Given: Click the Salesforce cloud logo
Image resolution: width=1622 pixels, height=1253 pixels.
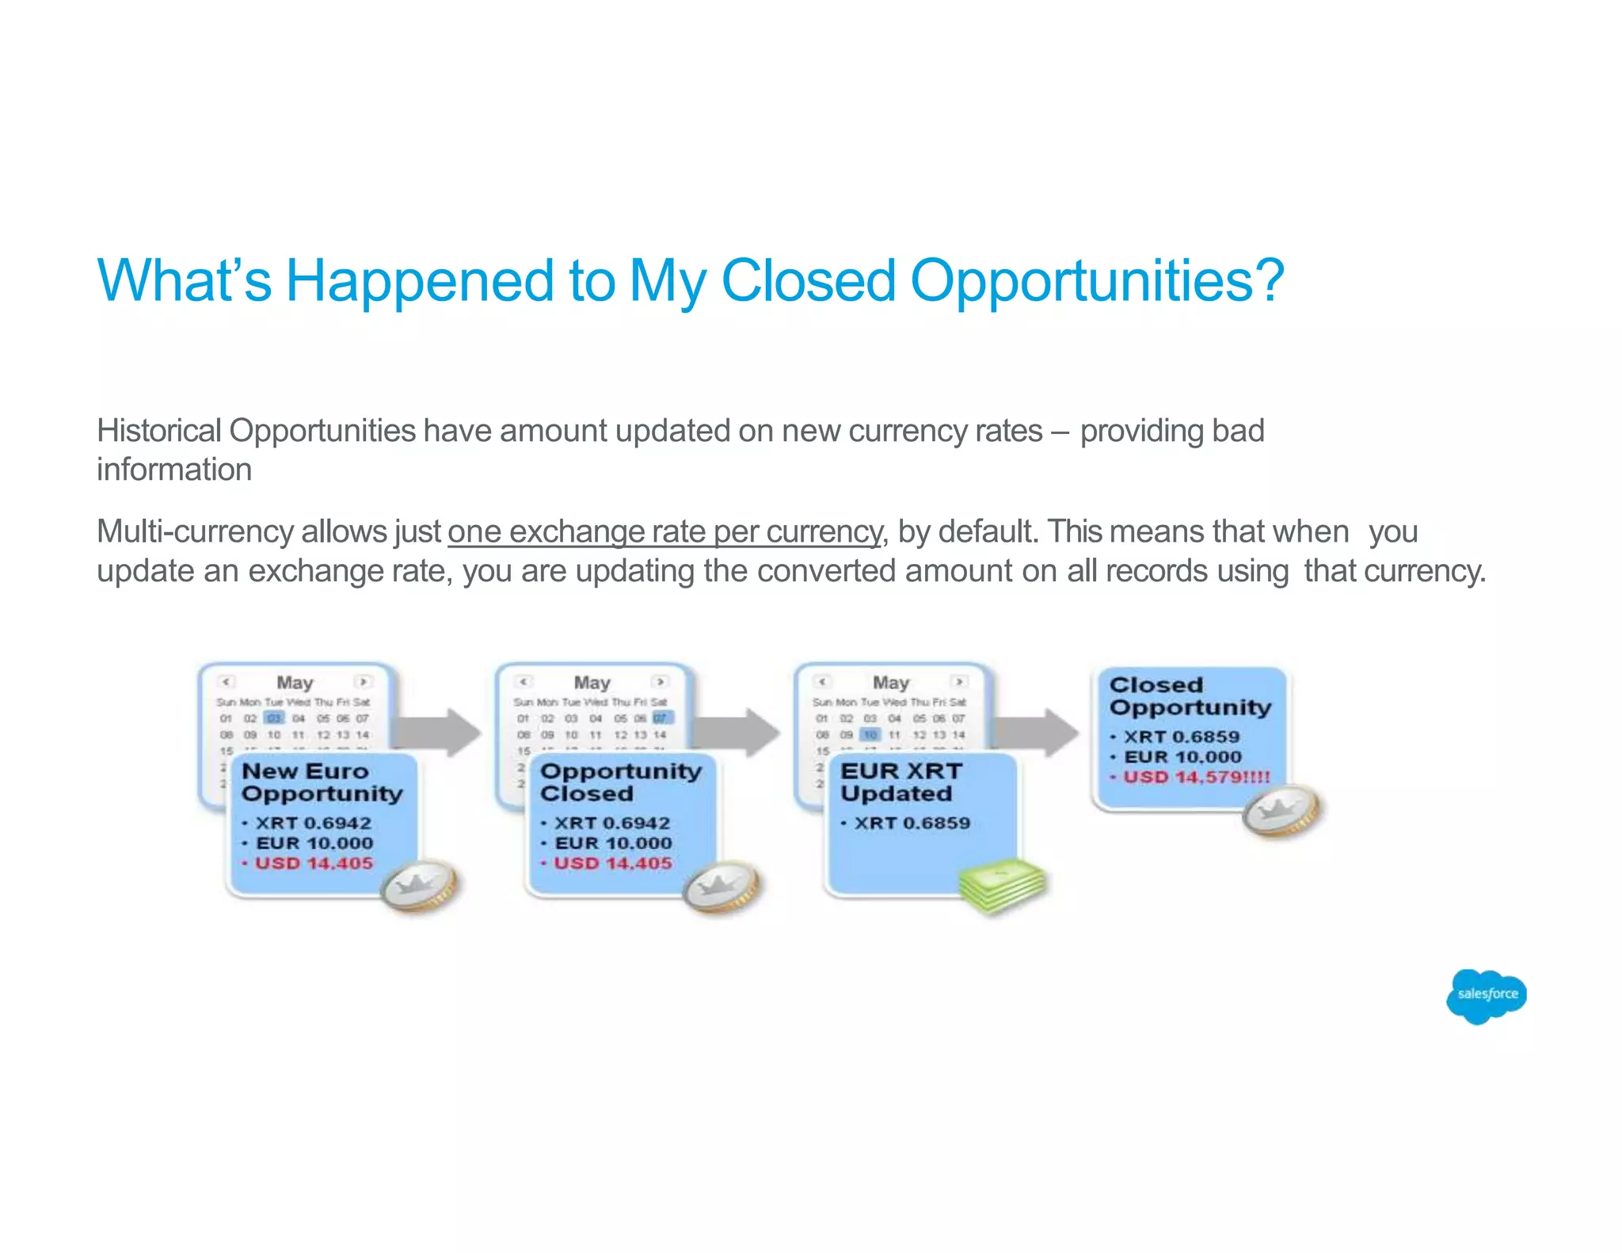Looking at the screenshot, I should [x=1486, y=996].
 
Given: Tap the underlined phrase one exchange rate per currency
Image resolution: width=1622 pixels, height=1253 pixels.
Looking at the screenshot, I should [x=664, y=531].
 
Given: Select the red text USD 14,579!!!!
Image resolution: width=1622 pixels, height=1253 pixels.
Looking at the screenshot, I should [x=1196, y=777].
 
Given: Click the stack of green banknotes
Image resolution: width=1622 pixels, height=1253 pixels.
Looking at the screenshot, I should [x=1002, y=885].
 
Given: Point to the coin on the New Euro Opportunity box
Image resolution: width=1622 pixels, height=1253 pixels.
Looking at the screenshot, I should [x=419, y=887].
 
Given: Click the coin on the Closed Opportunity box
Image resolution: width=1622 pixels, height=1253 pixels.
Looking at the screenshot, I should [x=1281, y=812].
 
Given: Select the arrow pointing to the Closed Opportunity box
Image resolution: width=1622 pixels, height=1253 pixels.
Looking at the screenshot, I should [x=1038, y=732].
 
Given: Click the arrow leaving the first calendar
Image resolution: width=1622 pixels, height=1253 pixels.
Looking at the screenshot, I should [x=440, y=732].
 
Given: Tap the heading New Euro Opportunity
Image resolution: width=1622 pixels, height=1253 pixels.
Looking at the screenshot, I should [x=322, y=782].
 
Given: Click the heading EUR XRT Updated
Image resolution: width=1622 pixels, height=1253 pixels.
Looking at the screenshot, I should [x=900, y=782].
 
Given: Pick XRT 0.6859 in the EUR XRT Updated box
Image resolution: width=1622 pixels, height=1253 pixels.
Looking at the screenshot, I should [x=912, y=823].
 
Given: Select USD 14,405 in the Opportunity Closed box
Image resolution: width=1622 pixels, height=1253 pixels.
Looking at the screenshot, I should [x=612, y=863].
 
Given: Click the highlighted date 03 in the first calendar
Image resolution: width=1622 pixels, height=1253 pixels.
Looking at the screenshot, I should [x=274, y=718].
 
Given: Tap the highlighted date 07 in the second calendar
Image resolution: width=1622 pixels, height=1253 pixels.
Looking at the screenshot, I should [x=661, y=718].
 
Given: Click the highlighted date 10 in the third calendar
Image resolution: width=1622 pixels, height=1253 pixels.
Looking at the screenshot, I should [x=870, y=735].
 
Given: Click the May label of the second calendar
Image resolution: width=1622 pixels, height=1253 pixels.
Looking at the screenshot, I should [x=592, y=682].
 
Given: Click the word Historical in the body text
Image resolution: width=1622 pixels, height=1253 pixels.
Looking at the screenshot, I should [x=158, y=431].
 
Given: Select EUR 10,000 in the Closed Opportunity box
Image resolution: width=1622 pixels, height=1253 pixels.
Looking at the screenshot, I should [x=1182, y=756].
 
